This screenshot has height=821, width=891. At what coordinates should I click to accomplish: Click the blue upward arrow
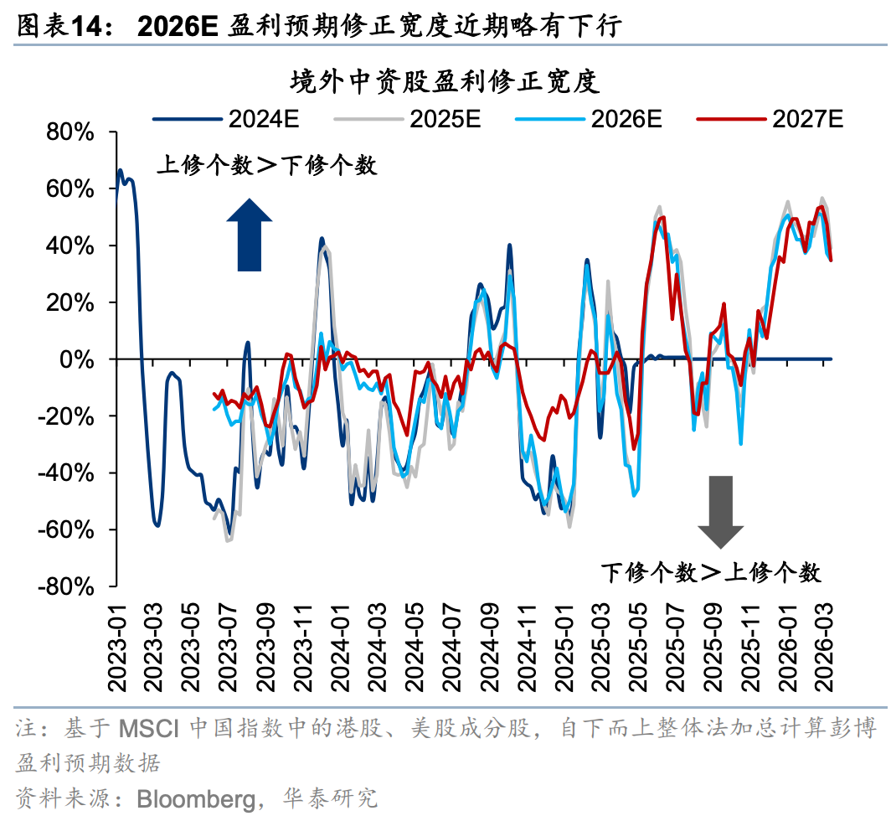(x=249, y=234)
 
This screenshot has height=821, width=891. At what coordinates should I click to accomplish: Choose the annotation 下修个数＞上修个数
(x=711, y=573)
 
